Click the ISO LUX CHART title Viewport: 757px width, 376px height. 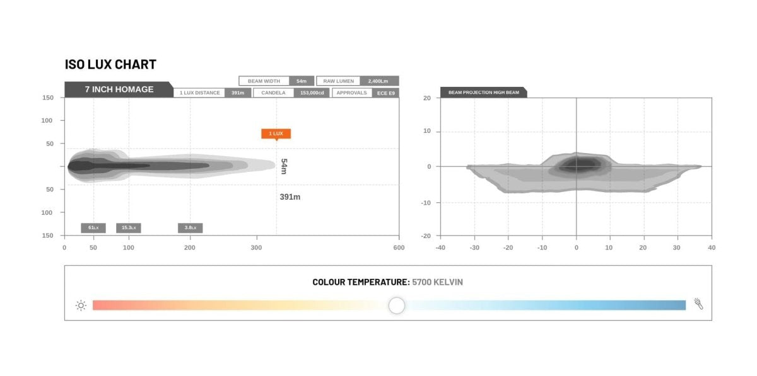110,64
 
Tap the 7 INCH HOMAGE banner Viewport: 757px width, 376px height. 119,89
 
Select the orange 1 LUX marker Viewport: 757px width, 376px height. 276,134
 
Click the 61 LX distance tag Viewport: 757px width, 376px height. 93,228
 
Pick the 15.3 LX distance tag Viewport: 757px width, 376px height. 129,228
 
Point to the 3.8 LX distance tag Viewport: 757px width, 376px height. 191,228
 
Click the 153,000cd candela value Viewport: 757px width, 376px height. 312,93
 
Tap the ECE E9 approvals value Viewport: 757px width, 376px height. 385,93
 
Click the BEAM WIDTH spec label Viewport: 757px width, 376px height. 264,81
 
